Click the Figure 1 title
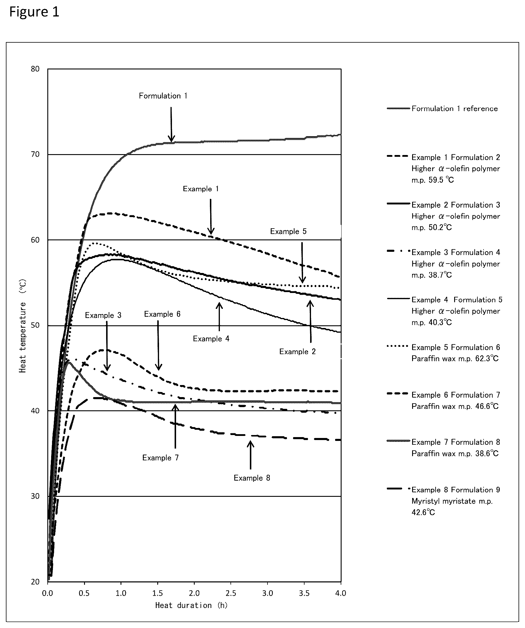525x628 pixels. pyautogui.click(x=34, y=12)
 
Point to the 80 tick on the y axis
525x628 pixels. pyautogui.click(x=35, y=69)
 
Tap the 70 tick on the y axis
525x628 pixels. pyautogui.click(x=35, y=154)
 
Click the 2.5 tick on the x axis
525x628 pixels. pyautogui.click(x=231, y=593)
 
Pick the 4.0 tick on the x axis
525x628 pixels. pyautogui.click(x=341, y=593)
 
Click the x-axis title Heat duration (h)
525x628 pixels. pyautogui.click(x=191, y=606)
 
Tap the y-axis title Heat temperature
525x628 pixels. pyautogui.click(x=23, y=326)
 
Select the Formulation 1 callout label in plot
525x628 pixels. pyautogui.click(x=163, y=96)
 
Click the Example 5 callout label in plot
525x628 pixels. pyautogui.click(x=288, y=231)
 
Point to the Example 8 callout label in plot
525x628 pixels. pyautogui.click(x=252, y=478)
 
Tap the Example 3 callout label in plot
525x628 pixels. pyautogui.click(x=103, y=315)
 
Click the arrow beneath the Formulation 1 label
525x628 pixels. pyautogui.click(x=171, y=124)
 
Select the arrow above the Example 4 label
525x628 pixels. pyautogui.click(x=219, y=317)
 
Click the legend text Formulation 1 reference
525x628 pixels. pyautogui.click(x=454, y=109)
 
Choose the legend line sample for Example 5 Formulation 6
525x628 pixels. pyautogui.click(x=397, y=346)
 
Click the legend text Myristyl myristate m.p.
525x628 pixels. pyautogui.click(x=452, y=501)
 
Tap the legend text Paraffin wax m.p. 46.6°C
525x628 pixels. pyautogui.click(x=455, y=406)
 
